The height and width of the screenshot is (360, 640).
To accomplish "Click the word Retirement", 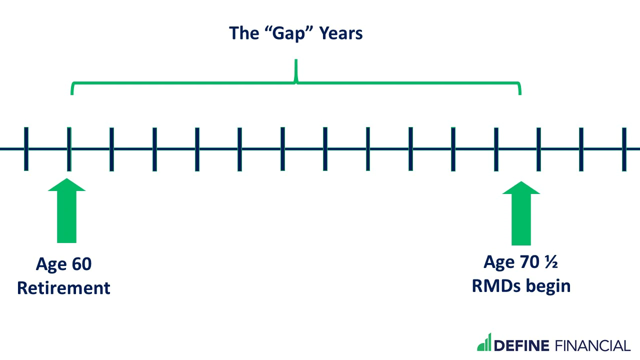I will click(x=63, y=288).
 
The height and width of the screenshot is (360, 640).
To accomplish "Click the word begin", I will click(x=550, y=286).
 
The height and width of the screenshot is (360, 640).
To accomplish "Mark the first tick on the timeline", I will click(x=26, y=148).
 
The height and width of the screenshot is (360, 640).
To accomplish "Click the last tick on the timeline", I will click(x=624, y=148).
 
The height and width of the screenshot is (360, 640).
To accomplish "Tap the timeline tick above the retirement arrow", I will click(x=69, y=148).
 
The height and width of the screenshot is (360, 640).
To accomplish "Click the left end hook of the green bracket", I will click(x=72, y=89).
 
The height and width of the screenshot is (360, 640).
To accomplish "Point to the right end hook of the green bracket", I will click(x=520, y=89).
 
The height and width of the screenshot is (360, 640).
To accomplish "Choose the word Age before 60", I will click(x=51, y=264).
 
